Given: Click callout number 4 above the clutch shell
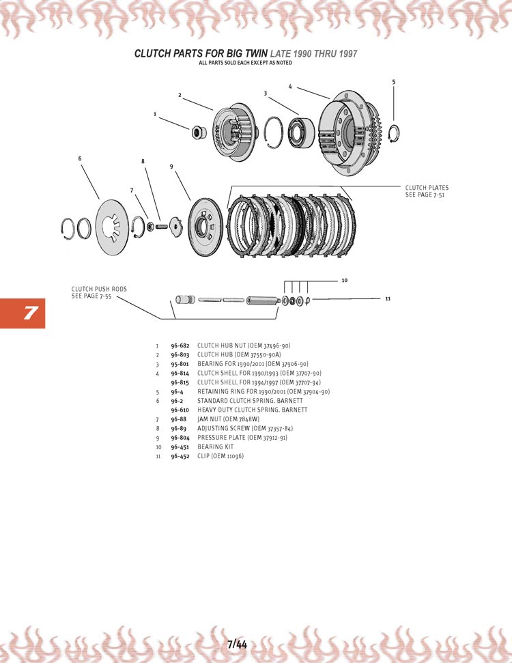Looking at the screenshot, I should tap(290, 87).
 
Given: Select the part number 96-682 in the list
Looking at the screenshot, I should tap(180, 345).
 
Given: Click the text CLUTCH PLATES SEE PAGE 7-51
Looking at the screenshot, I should tap(427, 192).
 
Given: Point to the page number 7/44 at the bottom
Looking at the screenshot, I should tap(237, 643).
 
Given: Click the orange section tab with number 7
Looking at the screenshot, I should tap(23, 313).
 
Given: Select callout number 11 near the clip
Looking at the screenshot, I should tap(387, 298).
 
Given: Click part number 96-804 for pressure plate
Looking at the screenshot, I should tap(180, 437).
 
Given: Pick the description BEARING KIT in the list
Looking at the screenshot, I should tap(215, 447).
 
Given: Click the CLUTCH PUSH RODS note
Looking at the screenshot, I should tap(99, 292).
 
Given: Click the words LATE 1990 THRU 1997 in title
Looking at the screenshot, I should tap(314, 53).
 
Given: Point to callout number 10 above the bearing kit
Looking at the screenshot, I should tap(344, 280).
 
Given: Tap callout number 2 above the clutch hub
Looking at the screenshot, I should tap(180, 95).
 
